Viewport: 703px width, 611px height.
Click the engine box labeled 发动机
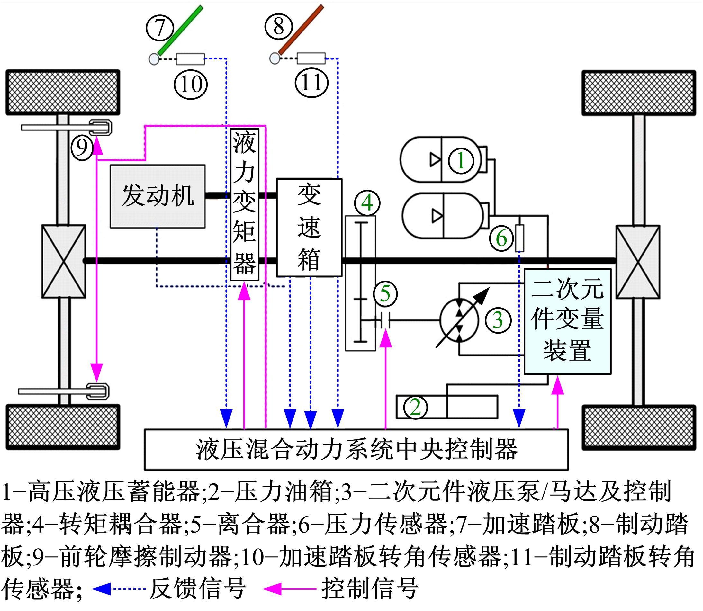[x=158, y=196]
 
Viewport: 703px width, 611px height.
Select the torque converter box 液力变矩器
[x=244, y=204]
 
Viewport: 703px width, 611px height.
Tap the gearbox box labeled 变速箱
[x=309, y=228]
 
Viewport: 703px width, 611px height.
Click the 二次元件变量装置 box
[x=567, y=321]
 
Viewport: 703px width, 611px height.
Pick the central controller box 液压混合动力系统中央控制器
[x=356, y=449]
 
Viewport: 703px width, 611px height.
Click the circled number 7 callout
[x=160, y=28]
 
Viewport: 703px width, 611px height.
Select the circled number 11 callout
[x=311, y=83]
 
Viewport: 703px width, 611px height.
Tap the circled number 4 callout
[x=367, y=203]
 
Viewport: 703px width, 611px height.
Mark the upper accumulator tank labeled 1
[x=442, y=159]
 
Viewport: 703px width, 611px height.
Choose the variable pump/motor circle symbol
[x=459, y=320]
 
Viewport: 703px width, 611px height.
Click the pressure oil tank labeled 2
[x=446, y=407]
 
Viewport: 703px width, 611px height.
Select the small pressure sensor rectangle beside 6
[x=519, y=238]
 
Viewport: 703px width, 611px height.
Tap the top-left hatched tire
[x=63, y=92]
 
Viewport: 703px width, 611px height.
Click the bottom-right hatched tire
[x=639, y=427]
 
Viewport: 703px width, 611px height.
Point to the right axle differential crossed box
[x=638, y=262]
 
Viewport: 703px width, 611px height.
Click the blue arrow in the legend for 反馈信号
[x=102, y=589]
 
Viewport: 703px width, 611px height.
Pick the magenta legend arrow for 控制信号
[x=273, y=589]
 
